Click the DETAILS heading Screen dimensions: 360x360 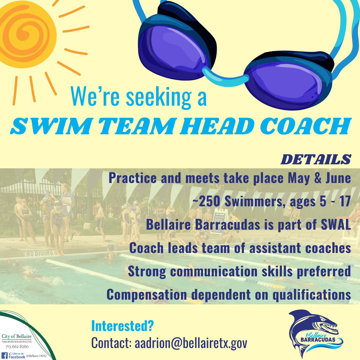click(316, 159)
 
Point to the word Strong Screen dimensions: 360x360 click(147, 271)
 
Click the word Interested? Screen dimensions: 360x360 click(122, 326)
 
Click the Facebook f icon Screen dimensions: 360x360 click(5, 356)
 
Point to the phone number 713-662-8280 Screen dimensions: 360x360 click(17, 347)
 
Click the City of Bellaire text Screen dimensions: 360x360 click(17, 336)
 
